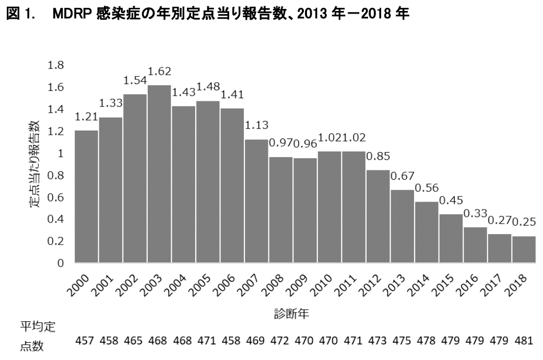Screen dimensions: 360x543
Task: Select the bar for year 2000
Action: point(86,196)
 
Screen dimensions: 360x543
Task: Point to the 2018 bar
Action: point(523,249)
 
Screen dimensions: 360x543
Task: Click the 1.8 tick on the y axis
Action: point(56,65)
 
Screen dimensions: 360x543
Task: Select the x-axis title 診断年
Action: point(293,313)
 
